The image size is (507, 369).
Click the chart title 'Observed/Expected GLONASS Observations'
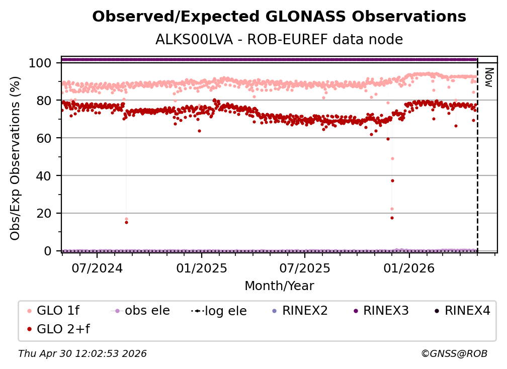[x=279, y=17]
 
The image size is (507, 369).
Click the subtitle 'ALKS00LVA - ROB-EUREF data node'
[x=279, y=39]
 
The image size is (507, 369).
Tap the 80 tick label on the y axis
[x=46, y=101]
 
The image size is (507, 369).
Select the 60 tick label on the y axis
[x=46, y=138]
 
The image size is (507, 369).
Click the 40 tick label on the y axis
[x=46, y=175]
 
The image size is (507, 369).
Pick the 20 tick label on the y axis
[x=46, y=213]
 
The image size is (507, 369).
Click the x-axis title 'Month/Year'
[x=279, y=286]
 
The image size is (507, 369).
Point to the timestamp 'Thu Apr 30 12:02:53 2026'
[x=82, y=354]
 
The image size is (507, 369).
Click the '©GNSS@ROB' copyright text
[x=454, y=354]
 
